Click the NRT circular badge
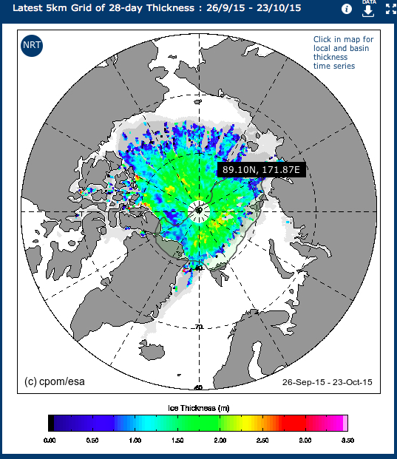click(x=32, y=46)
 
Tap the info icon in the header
click(x=347, y=10)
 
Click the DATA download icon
click(x=367, y=9)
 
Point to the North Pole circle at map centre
click(x=199, y=210)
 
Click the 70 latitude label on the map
click(x=198, y=326)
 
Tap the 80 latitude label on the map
click(x=198, y=268)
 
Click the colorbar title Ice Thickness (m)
click(x=197, y=407)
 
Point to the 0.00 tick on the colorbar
click(x=49, y=440)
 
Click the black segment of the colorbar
click(x=51, y=423)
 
